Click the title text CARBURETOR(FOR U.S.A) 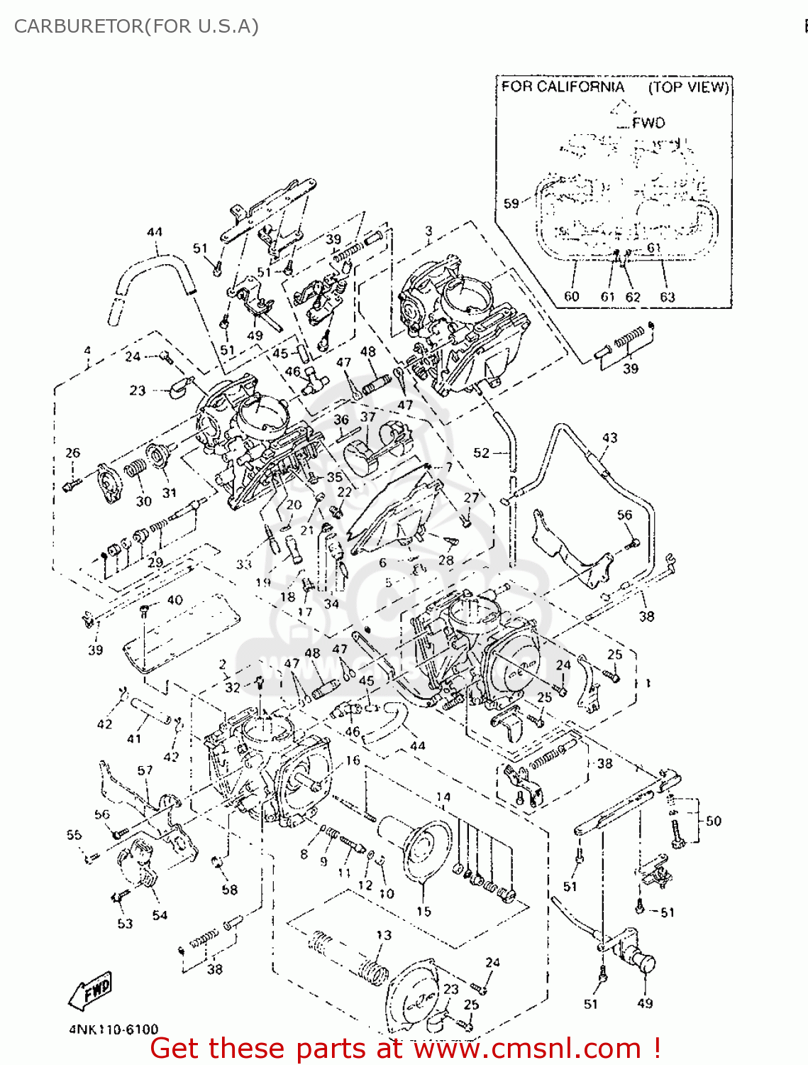coord(136,26)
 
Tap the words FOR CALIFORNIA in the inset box coord(563,87)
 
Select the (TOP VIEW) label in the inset coord(688,87)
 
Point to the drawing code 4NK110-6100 coord(114,1029)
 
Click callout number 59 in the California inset coord(511,204)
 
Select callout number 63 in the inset coord(667,297)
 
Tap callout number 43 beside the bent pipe coord(609,438)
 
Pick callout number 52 coord(481,453)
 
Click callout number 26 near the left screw coord(72,453)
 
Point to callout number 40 coord(175,600)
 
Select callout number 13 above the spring coord(384,935)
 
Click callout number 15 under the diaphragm coord(424,912)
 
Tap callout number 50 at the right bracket coord(713,821)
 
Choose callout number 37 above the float coord(367,417)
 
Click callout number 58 coord(229,890)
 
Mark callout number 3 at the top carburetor coord(428,231)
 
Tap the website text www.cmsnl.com coord(526,1048)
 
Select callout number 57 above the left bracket coord(145,770)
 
